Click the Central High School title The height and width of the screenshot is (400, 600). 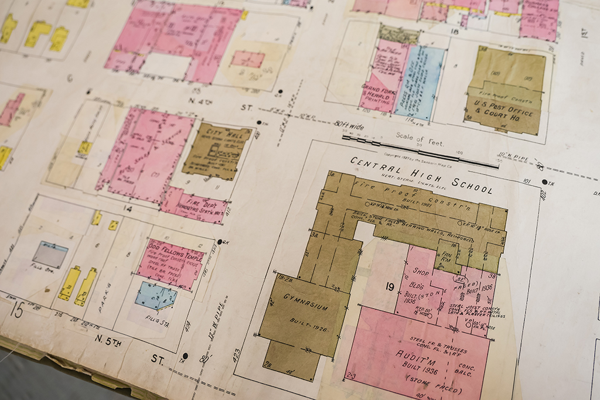click(421, 174)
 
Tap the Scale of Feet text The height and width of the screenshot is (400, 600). click(419, 139)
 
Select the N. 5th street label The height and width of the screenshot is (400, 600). click(109, 340)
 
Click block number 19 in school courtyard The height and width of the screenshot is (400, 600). click(390, 286)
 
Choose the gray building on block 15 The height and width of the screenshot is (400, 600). click(49, 254)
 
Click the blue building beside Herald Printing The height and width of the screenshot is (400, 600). click(419, 82)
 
